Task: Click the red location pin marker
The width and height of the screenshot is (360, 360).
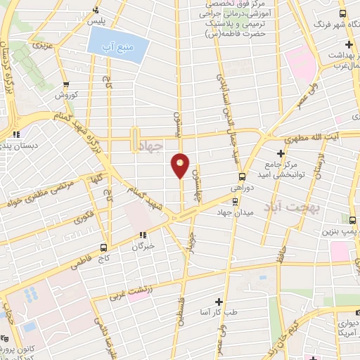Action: [181, 166]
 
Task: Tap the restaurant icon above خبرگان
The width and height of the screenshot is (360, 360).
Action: [143, 236]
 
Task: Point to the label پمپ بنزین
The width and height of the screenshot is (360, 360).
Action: [340, 231]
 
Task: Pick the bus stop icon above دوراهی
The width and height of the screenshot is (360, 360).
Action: [242, 177]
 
